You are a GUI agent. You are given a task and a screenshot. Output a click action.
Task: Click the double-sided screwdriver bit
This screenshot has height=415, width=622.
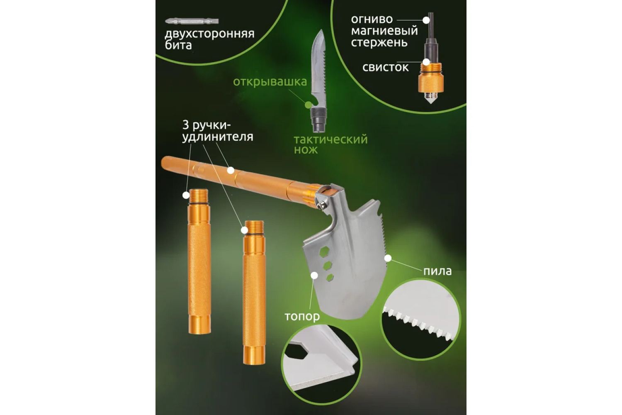192,21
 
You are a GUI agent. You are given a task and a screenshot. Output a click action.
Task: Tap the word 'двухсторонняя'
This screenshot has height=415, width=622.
210,34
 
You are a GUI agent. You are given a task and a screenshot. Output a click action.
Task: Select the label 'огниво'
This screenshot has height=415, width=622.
372,20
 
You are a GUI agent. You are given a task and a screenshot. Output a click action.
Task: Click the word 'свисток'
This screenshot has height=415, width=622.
385,68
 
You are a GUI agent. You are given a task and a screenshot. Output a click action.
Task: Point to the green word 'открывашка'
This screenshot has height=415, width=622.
270,82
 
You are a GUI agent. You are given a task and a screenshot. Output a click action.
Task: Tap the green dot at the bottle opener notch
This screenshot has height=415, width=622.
308,105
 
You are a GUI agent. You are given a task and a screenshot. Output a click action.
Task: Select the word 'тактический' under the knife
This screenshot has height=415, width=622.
331,139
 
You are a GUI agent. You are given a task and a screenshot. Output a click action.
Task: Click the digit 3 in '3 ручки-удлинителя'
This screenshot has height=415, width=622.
185,125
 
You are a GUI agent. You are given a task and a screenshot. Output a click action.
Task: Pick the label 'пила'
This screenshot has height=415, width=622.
437,271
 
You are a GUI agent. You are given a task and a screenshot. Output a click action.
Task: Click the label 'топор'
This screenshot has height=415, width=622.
302,316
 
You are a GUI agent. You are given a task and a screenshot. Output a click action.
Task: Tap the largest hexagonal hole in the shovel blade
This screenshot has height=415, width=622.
324,252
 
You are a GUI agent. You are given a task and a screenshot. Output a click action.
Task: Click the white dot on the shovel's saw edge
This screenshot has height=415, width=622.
388,259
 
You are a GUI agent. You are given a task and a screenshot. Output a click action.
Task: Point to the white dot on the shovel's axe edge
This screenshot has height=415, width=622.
314,276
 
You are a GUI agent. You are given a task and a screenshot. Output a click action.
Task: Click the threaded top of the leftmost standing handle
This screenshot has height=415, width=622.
199,197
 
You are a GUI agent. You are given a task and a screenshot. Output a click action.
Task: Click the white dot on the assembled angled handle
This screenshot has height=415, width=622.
231,171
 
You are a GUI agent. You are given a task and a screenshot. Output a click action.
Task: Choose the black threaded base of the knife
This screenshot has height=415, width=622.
319,120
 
